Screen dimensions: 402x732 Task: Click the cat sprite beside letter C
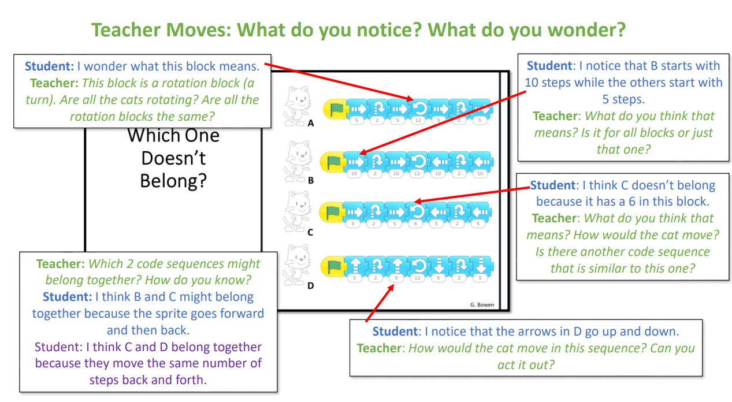(298, 212)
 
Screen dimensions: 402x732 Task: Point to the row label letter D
(311, 285)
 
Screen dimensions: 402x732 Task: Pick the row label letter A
(311, 123)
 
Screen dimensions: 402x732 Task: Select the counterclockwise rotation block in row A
(417, 108)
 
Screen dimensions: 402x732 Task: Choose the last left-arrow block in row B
(481, 160)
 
